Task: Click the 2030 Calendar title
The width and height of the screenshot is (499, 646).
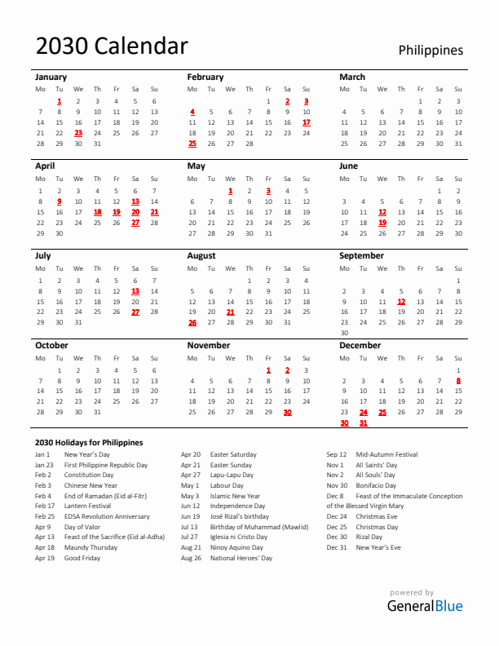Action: [112, 46]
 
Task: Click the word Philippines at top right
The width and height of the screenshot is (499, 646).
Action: [431, 51]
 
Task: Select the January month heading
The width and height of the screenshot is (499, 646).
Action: [51, 77]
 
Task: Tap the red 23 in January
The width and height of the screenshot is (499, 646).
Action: [78, 132]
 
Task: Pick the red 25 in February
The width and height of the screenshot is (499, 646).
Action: [192, 144]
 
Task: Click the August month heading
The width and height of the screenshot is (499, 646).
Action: [201, 255]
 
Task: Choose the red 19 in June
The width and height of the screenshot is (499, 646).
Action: [382, 222]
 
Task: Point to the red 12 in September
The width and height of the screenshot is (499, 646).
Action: [401, 301]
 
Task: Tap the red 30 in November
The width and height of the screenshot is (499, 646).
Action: [287, 412]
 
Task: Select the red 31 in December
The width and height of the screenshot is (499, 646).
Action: [363, 423]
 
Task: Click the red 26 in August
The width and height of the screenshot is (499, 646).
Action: [192, 322]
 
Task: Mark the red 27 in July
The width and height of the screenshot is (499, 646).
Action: [135, 312]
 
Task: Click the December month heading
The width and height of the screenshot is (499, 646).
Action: [360, 345]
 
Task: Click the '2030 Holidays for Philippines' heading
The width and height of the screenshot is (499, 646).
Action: [89, 442]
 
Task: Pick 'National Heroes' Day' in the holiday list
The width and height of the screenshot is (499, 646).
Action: [241, 558]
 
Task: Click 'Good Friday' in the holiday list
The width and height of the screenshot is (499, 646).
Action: [82, 558]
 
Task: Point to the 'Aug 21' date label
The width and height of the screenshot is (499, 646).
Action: [191, 547]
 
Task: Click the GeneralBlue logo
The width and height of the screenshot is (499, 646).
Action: [424, 605]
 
